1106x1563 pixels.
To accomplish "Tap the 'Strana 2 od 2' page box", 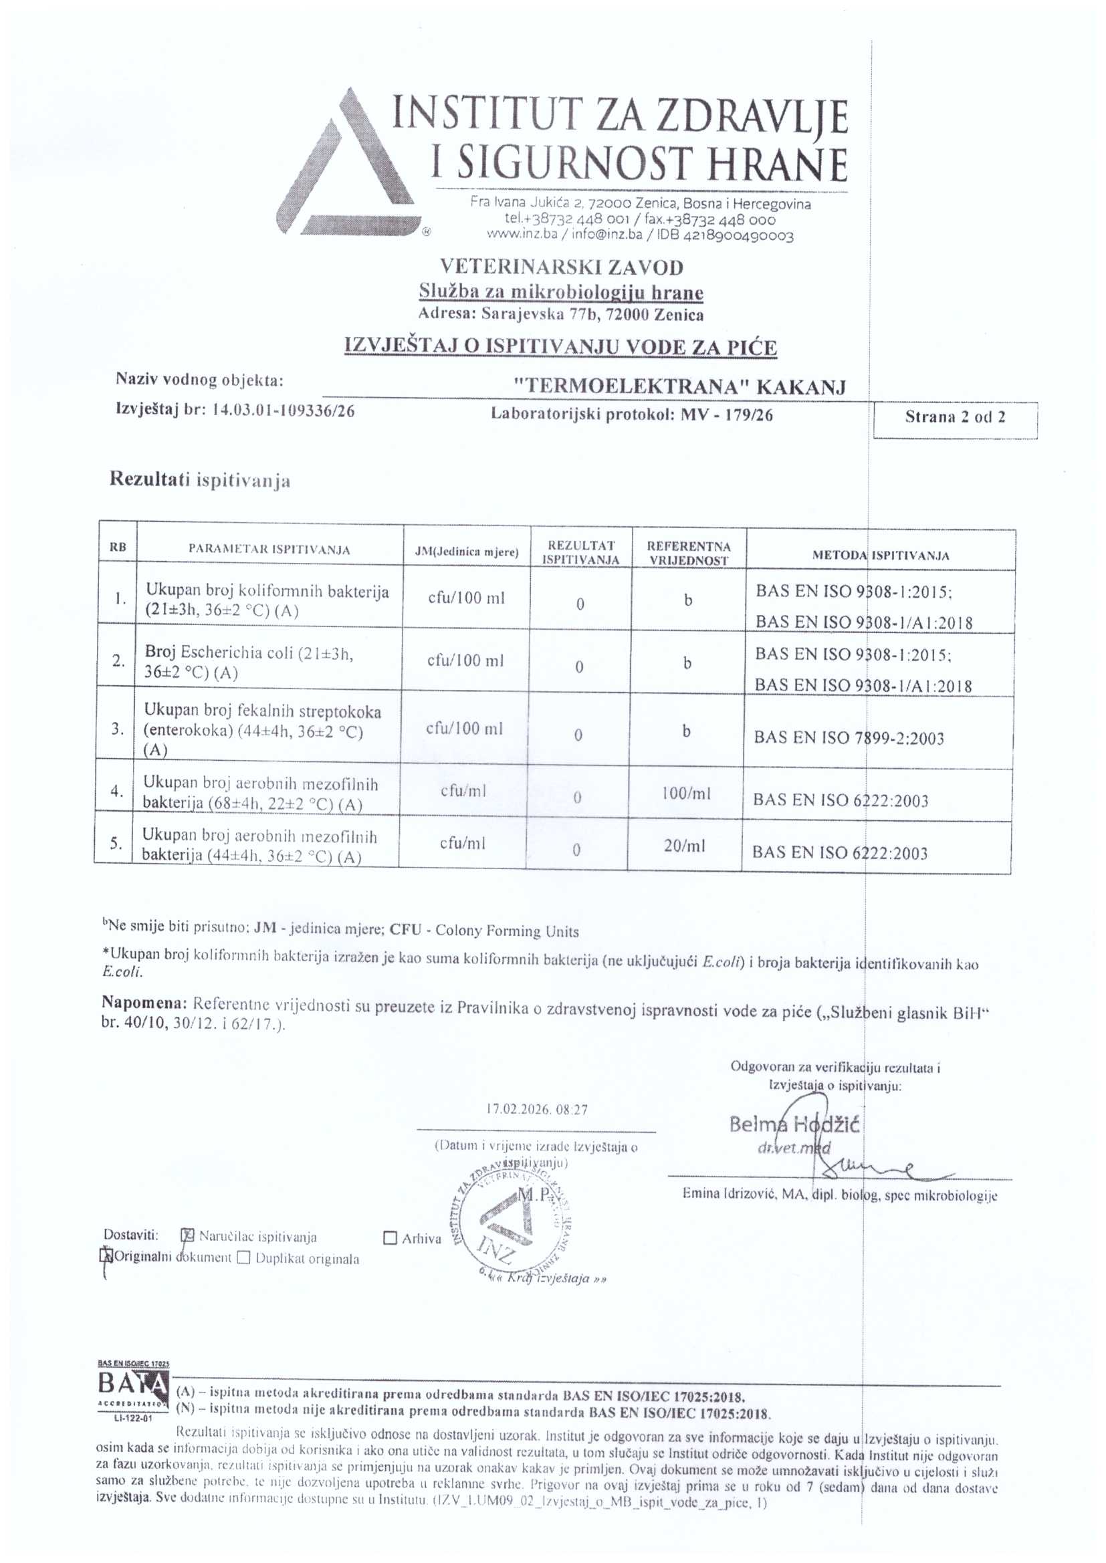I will pyautogui.click(x=955, y=417).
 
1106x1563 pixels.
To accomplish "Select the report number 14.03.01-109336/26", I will pyautogui.click(x=284, y=410).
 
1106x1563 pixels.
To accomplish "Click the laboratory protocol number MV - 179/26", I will pyautogui.click(x=727, y=414).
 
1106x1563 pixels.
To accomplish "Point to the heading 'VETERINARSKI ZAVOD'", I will pyautogui.click(x=561, y=267).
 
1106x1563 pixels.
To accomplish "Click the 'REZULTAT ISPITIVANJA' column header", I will pyautogui.click(x=581, y=553).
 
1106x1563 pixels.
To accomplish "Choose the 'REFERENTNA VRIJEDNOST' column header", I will pyautogui.click(x=689, y=553).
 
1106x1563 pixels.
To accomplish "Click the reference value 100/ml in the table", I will pyautogui.click(x=687, y=793).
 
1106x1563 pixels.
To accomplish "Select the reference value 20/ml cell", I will pyautogui.click(x=685, y=846).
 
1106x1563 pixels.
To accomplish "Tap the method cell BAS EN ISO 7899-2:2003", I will pyautogui.click(x=849, y=738).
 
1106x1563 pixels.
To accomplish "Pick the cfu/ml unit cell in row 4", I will pyautogui.click(x=463, y=791).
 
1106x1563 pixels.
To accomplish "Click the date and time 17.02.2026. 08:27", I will pyautogui.click(x=537, y=1109).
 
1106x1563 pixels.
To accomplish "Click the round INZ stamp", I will pyautogui.click(x=512, y=1219).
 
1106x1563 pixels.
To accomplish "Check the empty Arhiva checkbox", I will pyautogui.click(x=391, y=1238).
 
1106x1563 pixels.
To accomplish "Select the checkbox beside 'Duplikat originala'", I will pyautogui.click(x=244, y=1257).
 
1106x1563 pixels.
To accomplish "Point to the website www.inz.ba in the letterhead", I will pyautogui.click(x=522, y=235).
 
